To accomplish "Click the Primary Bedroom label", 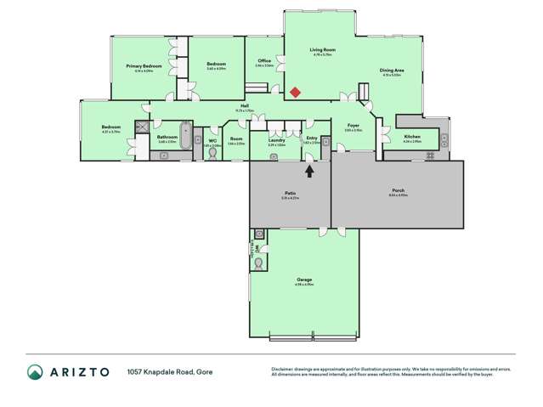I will pyautogui.click(x=144, y=65).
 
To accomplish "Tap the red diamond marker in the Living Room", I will pyautogui.click(x=295, y=92).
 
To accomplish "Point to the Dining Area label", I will pyautogui.click(x=391, y=70).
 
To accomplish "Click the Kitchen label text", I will pyautogui.click(x=412, y=136).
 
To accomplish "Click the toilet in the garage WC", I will pyautogui.click(x=258, y=264).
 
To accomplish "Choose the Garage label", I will pyautogui.click(x=304, y=280).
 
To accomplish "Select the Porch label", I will pyautogui.click(x=398, y=189).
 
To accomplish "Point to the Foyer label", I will pyautogui.click(x=354, y=125).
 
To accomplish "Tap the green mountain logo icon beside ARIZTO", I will pyautogui.click(x=35, y=371).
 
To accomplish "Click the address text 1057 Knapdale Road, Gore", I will pyautogui.click(x=170, y=371).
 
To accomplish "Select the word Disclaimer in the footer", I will pyautogui.click(x=282, y=368).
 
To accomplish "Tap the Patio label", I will pyautogui.click(x=290, y=194).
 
